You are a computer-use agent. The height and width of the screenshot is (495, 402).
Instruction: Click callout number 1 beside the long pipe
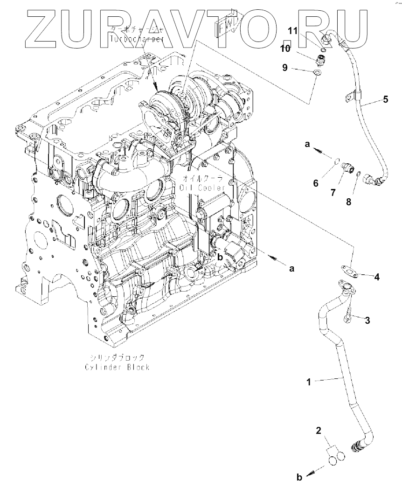(x=308, y=382)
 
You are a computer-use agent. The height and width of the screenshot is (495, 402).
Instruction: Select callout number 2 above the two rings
(x=319, y=431)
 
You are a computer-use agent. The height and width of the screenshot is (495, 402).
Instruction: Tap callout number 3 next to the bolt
(x=367, y=320)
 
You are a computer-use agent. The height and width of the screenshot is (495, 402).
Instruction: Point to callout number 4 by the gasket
(x=377, y=277)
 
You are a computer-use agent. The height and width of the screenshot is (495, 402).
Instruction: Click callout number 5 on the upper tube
(x=385, y=99)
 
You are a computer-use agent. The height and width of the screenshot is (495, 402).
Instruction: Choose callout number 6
(x=316, y=183)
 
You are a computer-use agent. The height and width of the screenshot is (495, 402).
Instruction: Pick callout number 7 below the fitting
(x=333, y=192)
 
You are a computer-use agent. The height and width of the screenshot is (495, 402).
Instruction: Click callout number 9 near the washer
(x=284, y=68)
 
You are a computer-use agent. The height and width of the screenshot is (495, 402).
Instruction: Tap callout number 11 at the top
(x=292, y=31)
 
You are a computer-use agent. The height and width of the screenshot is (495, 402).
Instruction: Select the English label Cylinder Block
(x=118, y=367)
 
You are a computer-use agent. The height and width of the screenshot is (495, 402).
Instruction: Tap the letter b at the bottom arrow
(x=300, y=477)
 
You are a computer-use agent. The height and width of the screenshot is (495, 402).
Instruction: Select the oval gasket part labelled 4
(x=347, y=269)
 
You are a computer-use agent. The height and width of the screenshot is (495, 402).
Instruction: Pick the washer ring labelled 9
(x=317, y=73)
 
